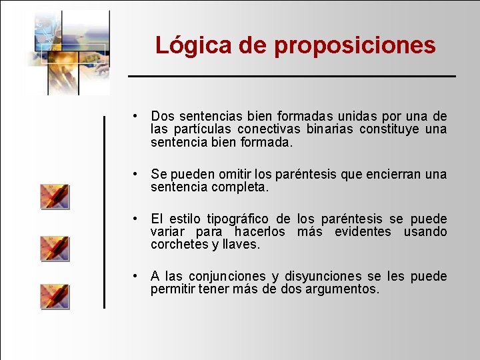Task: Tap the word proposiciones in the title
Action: coord(355,45)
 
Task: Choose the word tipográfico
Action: coord(238,219)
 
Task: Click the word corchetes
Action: coord(180,245)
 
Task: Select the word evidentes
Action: coord(363,231)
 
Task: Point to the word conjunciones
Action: coord(227,276)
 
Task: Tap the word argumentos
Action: coord(344,289)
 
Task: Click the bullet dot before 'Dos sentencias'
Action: coord(135,116)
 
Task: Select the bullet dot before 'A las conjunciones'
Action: coord(135,276)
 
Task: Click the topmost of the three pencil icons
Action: coord(55,197)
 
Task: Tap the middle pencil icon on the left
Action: coord(55,248)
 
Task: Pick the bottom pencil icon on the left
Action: coord(55,296)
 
